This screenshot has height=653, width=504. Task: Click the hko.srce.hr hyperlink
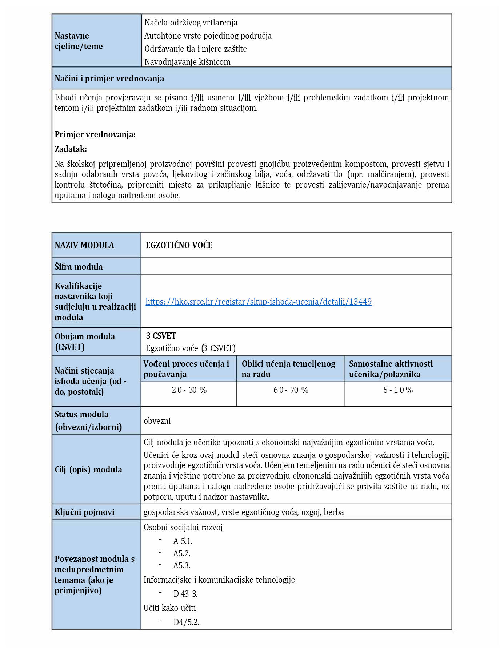coord(259,302)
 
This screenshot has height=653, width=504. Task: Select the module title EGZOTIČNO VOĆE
coord(179,245)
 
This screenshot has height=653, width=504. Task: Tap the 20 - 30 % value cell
coord(189,390)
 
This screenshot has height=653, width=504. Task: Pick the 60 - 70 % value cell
coord(291,390)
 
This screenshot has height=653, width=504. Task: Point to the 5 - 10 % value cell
coord(398,390)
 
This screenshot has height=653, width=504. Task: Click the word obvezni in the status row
coord(157,421)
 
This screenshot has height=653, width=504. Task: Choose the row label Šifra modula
coord(79,267)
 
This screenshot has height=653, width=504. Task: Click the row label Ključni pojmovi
coord(84,512)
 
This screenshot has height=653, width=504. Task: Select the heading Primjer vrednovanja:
coord(95,134)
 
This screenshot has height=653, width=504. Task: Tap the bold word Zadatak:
coord(71,149)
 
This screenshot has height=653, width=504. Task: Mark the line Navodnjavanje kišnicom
coord(187,62)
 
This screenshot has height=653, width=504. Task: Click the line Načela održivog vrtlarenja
coord(191,23)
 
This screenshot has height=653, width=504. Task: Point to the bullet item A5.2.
coord(182,553)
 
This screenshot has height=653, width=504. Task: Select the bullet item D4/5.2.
coord(186,622)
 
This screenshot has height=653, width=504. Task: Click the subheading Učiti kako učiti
coord(169,608)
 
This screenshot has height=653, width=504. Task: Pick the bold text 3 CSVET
coord(161,336)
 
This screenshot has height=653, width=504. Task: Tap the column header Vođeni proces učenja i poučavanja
coord(186,369)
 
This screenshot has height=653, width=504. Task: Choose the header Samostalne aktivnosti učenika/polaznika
coord(391,369)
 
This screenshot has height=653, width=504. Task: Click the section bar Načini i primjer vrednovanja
coord(109,78)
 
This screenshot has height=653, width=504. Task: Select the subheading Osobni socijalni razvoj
coord(183,527)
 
